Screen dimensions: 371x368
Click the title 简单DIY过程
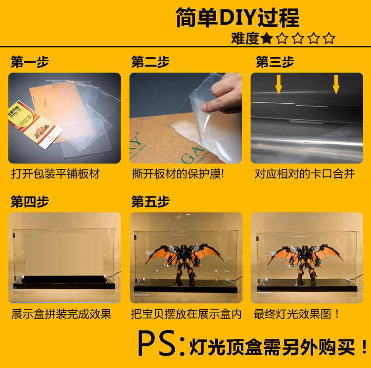237,18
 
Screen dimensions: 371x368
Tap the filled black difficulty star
267,38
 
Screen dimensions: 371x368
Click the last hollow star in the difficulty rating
329,38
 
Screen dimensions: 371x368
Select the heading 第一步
30,62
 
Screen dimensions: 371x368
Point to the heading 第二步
150,62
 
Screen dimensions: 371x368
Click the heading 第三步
275,62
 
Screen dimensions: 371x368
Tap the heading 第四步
30,202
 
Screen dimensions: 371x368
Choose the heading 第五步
150,202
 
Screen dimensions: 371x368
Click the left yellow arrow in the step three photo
278,84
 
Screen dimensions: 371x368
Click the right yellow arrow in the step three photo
336,84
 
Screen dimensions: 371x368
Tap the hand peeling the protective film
223,93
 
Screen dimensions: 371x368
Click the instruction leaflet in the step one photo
36,124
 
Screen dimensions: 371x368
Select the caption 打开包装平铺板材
55,174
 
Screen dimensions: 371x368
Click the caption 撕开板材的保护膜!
178,174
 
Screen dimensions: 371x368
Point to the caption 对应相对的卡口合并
305,174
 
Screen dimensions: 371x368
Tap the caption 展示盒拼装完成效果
61,314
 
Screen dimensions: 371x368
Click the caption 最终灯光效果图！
296,314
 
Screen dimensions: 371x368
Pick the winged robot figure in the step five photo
185,263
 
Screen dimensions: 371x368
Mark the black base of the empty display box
64,283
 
